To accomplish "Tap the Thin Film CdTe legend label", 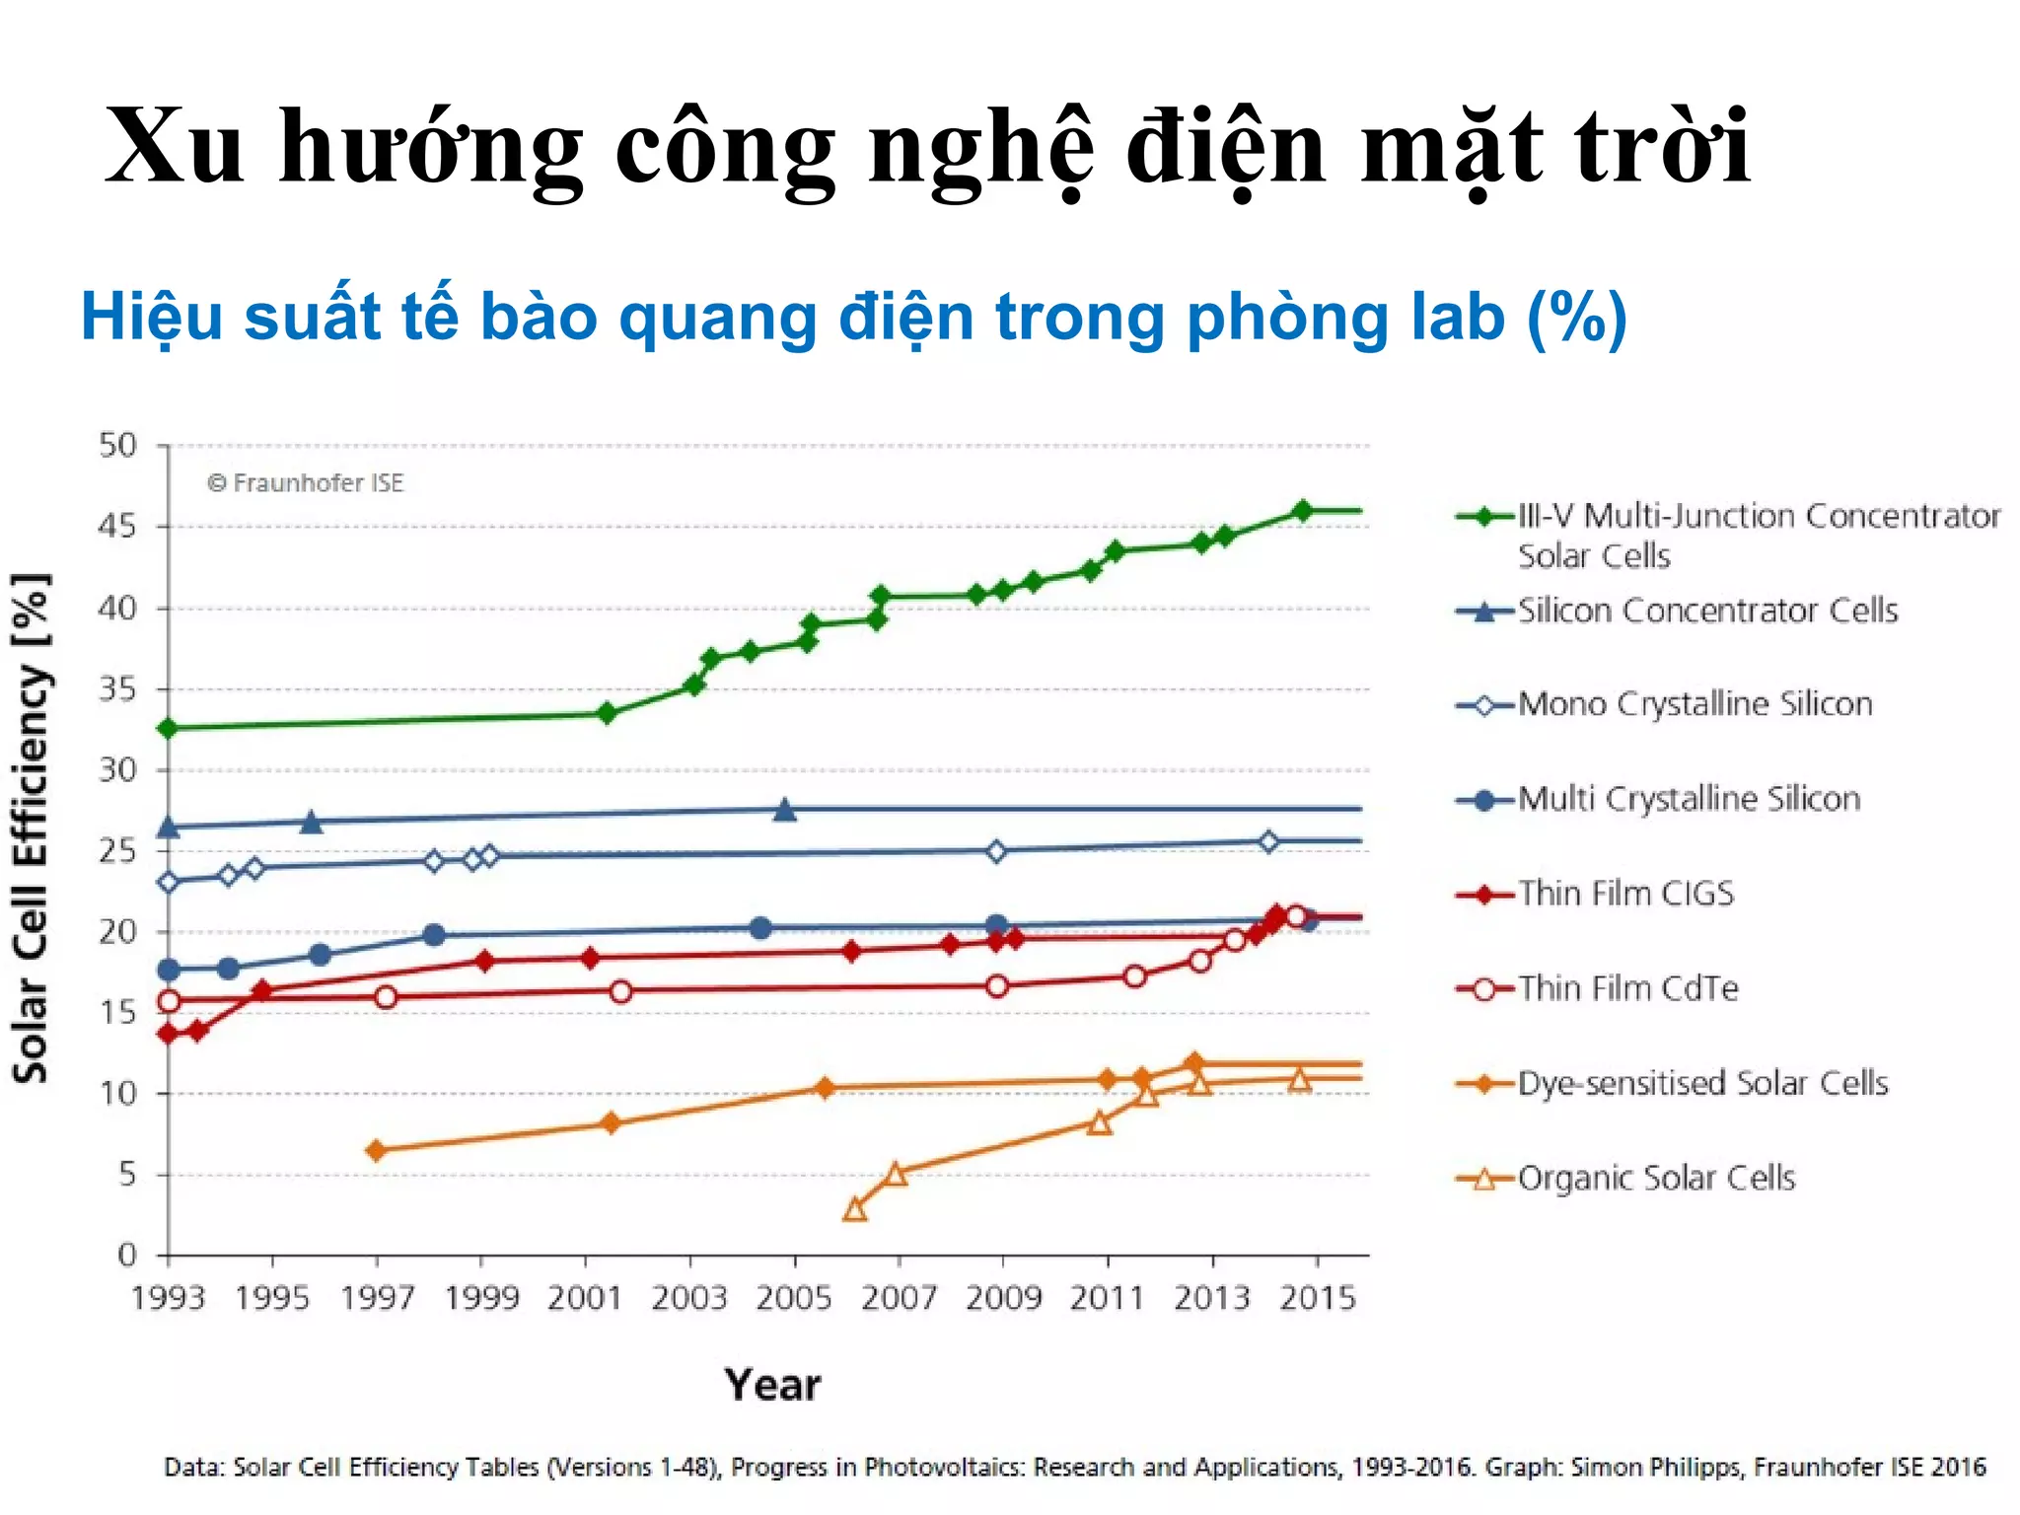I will pyautogui.click(x=1627, y=988).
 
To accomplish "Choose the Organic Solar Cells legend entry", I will pyautogui.click(x=1656, y=1178).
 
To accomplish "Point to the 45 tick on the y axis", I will pyautogui.click(x=117, y=527).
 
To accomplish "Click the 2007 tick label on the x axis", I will pyautogui.click(x=898, y=1298).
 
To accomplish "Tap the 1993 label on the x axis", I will pyautogui.click(x=168, y=1298).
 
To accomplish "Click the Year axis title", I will pyautogui.click(x=772, y=1385).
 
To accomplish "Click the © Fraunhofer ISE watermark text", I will pyautogui.click(x=306, y=483).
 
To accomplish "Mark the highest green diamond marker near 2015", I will pyautogui.click(x=1302, y=511).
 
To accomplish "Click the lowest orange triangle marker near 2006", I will pyautogui.click(x=855, y=1209).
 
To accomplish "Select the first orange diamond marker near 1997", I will pyautogui.click(x=376, y=1150).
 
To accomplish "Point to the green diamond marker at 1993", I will pyautogui.click(x=169, y=728).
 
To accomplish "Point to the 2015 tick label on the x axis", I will pyautogui.click(x=1317, y=1298).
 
